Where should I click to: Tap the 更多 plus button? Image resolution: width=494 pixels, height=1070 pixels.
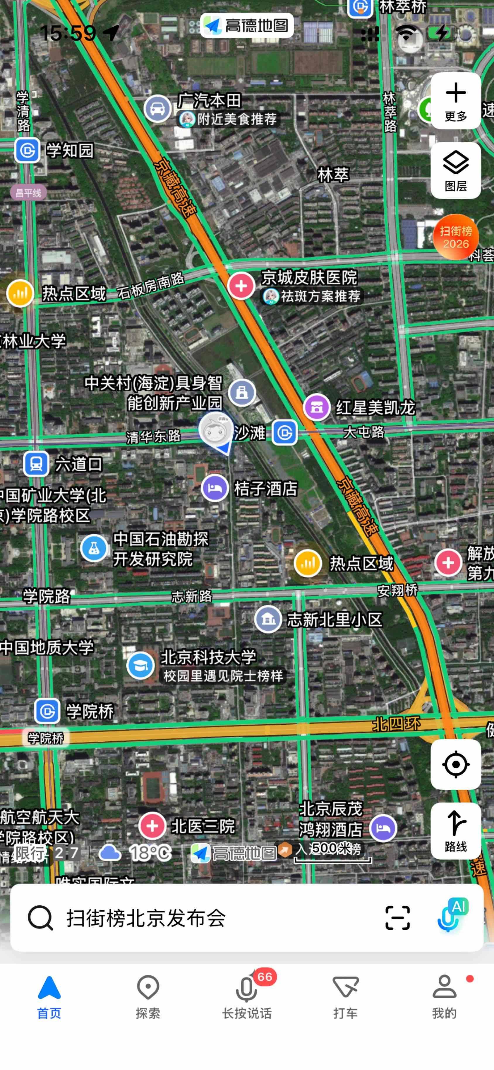click(455, 100)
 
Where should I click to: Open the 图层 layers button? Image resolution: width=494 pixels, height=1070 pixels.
click(455, 170)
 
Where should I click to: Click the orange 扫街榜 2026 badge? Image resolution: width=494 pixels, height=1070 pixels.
click(455, 237)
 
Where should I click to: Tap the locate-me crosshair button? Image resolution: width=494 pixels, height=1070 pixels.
click(455, 764)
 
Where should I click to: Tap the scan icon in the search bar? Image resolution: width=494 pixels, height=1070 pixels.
click(397, 918)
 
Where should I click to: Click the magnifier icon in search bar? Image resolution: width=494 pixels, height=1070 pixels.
click(40, 918)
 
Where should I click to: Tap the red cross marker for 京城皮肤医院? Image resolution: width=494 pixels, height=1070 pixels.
click(241, 286)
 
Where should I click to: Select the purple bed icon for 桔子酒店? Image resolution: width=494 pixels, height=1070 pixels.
click(215, 488)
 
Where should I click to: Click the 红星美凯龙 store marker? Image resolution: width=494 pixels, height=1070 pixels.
click(317, 407)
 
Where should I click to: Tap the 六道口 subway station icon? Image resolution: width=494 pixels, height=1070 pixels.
click(36, 464)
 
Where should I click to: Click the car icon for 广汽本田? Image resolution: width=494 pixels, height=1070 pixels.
click(157, 108)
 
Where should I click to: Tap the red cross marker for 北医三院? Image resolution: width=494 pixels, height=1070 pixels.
click(152, 825)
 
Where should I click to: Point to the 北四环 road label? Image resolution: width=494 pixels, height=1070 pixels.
click(396, 724)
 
